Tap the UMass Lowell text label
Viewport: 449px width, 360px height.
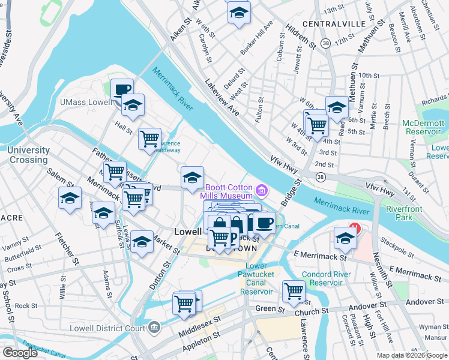(x=85, y=103)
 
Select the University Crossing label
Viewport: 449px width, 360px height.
(x=28, y=155)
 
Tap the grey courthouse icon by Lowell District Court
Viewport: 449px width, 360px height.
(x=154, y=328)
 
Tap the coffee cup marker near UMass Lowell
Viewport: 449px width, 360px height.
(x=122, y=90)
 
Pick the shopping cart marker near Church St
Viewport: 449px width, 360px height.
(x=294, y=292)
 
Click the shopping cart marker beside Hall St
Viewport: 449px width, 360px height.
(x=149, y=139)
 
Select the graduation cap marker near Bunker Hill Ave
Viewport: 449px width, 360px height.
(x=238, y=13)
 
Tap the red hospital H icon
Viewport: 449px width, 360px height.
(x=355, y=229)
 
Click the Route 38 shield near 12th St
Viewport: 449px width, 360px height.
(x=325, y=43)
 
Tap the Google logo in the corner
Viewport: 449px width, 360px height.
(x=20, y=353)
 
